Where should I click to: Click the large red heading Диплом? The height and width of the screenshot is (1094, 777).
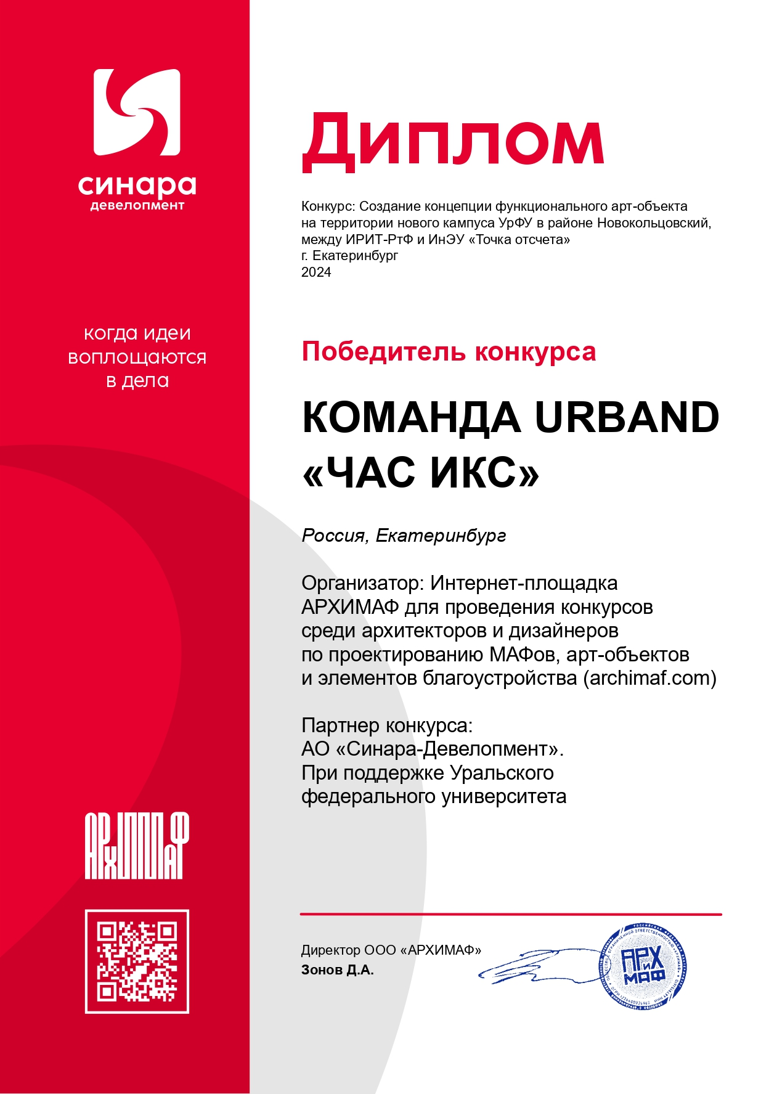(453, 142)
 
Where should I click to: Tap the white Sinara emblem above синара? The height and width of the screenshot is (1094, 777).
(137, 112)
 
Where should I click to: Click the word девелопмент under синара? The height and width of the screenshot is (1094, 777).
(137, 205)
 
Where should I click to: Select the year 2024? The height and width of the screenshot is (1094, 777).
(316, 272)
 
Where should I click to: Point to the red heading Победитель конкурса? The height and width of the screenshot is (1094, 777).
(449, 352)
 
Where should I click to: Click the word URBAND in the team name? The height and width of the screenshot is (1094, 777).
(627, 418)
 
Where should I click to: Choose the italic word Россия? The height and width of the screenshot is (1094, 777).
(333, 536)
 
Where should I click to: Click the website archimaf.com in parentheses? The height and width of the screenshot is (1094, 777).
(649, 678)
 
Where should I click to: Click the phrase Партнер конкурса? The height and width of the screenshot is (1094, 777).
(386, 725)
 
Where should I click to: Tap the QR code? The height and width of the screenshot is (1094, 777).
(137, 961)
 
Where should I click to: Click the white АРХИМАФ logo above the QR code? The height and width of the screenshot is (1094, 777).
(137, 846)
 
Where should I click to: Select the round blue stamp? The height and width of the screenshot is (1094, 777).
(643, 966)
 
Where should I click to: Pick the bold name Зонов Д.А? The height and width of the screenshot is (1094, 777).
(337, 970)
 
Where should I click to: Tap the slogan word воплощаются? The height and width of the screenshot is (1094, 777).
(137, 357)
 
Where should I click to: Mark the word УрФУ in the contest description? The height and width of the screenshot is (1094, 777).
(516, 223)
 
